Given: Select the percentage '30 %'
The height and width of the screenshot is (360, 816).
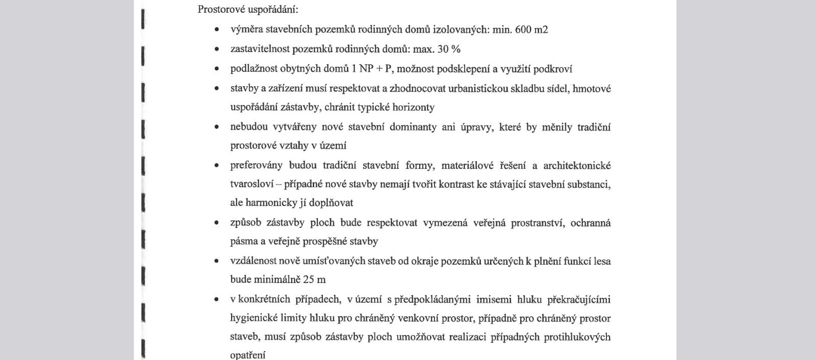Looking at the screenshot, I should [449, 49].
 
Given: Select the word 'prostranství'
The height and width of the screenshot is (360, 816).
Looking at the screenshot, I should [538, 223].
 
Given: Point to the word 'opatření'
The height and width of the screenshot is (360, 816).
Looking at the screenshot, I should [248, 355].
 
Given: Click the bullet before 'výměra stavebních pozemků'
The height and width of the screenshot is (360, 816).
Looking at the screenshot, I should [217, 30].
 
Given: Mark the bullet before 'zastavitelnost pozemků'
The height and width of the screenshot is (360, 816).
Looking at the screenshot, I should [217, 49].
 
